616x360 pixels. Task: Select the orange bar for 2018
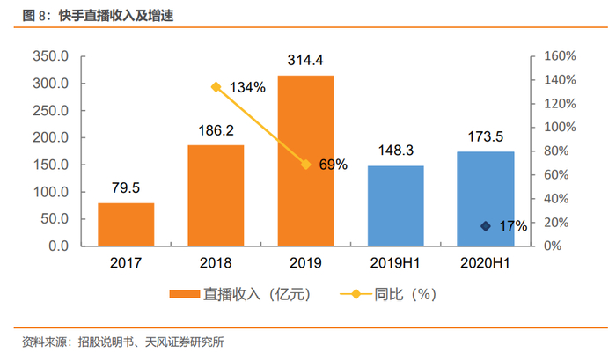tap(216, 195)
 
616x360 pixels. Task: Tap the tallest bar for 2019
tap(305, 160)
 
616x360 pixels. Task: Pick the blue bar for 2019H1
tap(395, 205)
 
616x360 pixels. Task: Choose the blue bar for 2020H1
tap(485, 198)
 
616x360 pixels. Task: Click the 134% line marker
tap(216, 86)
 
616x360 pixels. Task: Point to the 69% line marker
tap(305, 164)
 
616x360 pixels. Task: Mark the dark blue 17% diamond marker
tap(485, 226)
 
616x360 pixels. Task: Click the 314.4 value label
tap(305, 60)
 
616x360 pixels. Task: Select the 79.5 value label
tap(126, 187)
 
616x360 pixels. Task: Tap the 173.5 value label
tap(485, 136)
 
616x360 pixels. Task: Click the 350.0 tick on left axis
tap(50, 56)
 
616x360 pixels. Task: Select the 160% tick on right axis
tap(558, 56)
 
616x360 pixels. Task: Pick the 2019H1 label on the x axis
tap(395, 262)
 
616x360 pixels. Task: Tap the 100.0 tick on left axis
tap(50, 192)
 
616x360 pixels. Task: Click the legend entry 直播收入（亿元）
tap(238, 294)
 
